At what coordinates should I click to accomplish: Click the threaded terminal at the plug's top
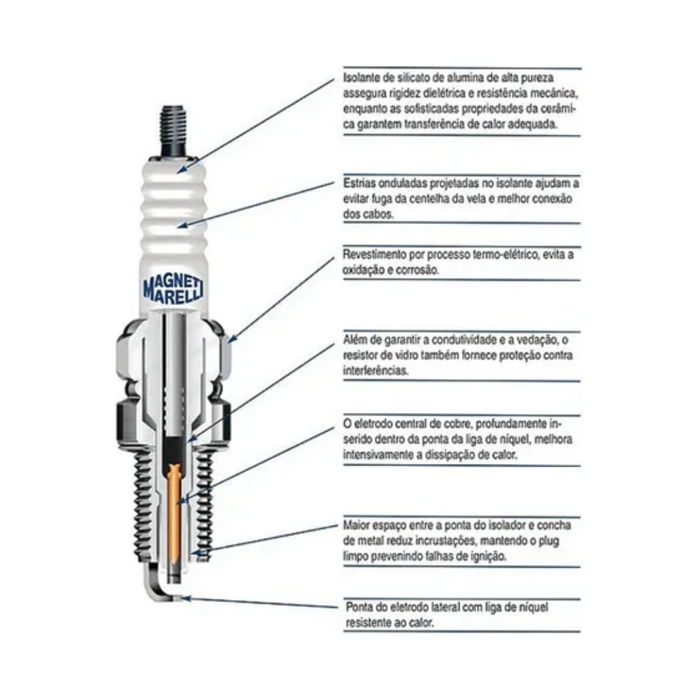pyautogui.click(x=173, y=129)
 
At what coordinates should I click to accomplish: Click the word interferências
pyautogui.click(x=375, y=371)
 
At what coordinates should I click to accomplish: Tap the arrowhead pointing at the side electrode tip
pyautogui.click(x=186, y=598)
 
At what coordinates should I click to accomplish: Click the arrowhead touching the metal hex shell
pyautogui.click(x=232, y=339)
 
